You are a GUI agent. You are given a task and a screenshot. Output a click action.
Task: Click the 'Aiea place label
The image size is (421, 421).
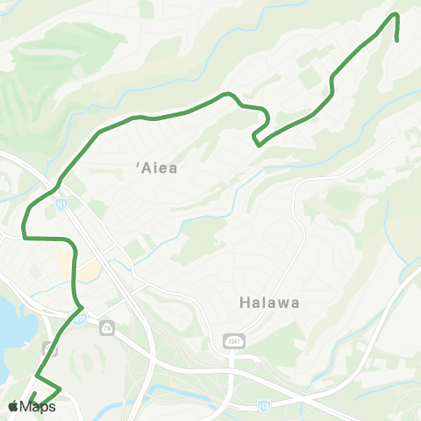[x=158, y=168]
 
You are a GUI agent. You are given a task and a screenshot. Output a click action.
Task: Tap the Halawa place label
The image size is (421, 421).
[x=269, y=303]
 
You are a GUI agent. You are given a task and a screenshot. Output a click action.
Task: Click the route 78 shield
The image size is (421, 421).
[x=106, y=326]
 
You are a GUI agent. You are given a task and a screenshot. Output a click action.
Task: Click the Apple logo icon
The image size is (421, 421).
[x=14, y=406]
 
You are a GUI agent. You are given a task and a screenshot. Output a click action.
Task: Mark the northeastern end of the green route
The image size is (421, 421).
[x=398, y=39]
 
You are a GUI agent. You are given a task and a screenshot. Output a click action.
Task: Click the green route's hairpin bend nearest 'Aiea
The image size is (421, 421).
[x=255, y=138]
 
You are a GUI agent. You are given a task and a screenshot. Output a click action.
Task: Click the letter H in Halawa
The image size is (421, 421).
[x=244, y=303]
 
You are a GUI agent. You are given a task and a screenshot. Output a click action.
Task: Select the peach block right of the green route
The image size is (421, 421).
[x=88, y=271]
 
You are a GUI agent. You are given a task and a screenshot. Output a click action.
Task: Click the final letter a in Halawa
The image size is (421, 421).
[x=296, y=303]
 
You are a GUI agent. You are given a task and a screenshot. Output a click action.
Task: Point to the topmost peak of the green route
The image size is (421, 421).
[x=396, y=15]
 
